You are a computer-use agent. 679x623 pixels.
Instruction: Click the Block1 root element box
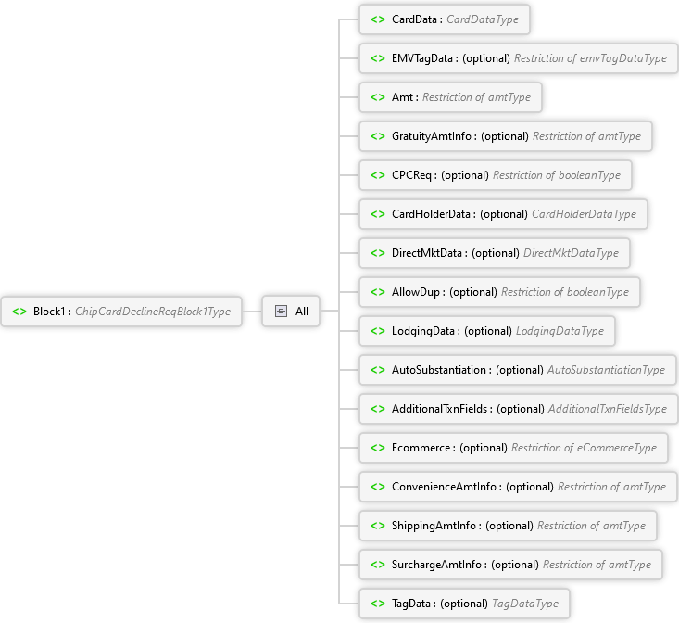click(121, 311)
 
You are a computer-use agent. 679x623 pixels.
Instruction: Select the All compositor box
click(292, 311)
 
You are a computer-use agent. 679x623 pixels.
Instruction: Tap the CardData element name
click(415, 19)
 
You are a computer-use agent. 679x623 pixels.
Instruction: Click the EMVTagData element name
click(423, 58)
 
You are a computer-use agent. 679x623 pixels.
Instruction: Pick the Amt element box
click(450, 97)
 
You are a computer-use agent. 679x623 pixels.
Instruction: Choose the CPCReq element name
click(413, 175)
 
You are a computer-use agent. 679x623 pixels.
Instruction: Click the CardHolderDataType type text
click(584, 214)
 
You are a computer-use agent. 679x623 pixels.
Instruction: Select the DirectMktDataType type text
click(571, 253)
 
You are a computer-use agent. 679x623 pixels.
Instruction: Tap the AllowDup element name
click(418, 292)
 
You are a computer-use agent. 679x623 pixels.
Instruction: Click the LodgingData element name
click(424, 331)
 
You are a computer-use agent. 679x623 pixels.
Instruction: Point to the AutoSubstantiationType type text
click(606, 370)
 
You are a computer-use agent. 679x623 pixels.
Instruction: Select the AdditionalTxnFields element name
click(441, 409)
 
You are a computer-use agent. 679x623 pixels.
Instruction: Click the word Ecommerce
click(421, 448)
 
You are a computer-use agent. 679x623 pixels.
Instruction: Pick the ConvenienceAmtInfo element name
click(446, 487)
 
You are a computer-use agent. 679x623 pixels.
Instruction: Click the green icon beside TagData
click(378, 604)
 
